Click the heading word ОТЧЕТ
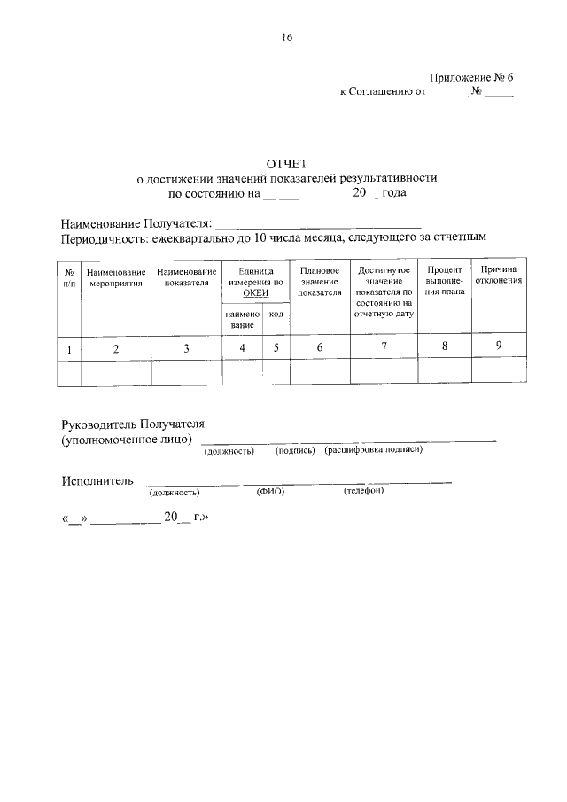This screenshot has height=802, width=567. coord(286,163)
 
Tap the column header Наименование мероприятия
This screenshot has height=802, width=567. coord(116,276)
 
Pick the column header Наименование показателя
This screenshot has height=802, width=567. coord(186,276)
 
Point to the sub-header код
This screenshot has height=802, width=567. coord(276,315)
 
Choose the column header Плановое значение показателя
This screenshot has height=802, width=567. coord(320,280)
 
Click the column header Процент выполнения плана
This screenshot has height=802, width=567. coord(445,280)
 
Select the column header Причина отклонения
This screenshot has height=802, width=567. coord(499,275)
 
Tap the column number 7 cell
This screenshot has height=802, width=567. coord(384,346)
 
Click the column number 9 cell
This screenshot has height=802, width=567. coord(499,346)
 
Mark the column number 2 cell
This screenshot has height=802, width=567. coord(116,348)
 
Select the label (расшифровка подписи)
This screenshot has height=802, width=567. coord(373,450)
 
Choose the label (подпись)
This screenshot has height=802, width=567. coord(295,451)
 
